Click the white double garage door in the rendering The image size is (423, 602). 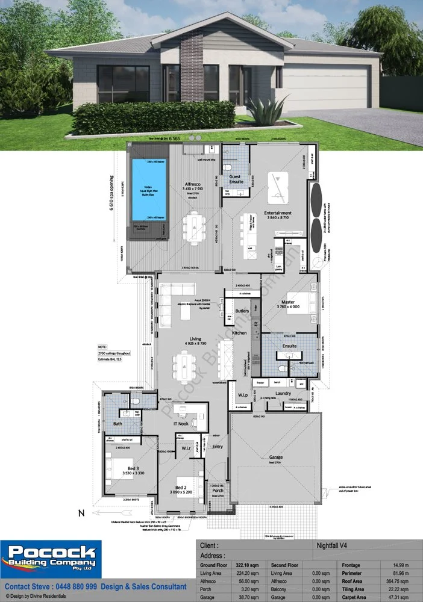pyautogui.click(x=326, y=90)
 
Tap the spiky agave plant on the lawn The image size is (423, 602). pyautogui.click(x=264, y=111)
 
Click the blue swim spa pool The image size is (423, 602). pyautogui.click(x=148, y=190)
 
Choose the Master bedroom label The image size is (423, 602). pyautogui.click(x=287, y=302)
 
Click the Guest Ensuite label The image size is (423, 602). pyautogui.click(x=236, y=179)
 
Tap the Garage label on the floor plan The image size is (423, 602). pyautogui.click(x=275, y=458)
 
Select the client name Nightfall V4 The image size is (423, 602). pyautogui.click(x=334, y=545)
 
